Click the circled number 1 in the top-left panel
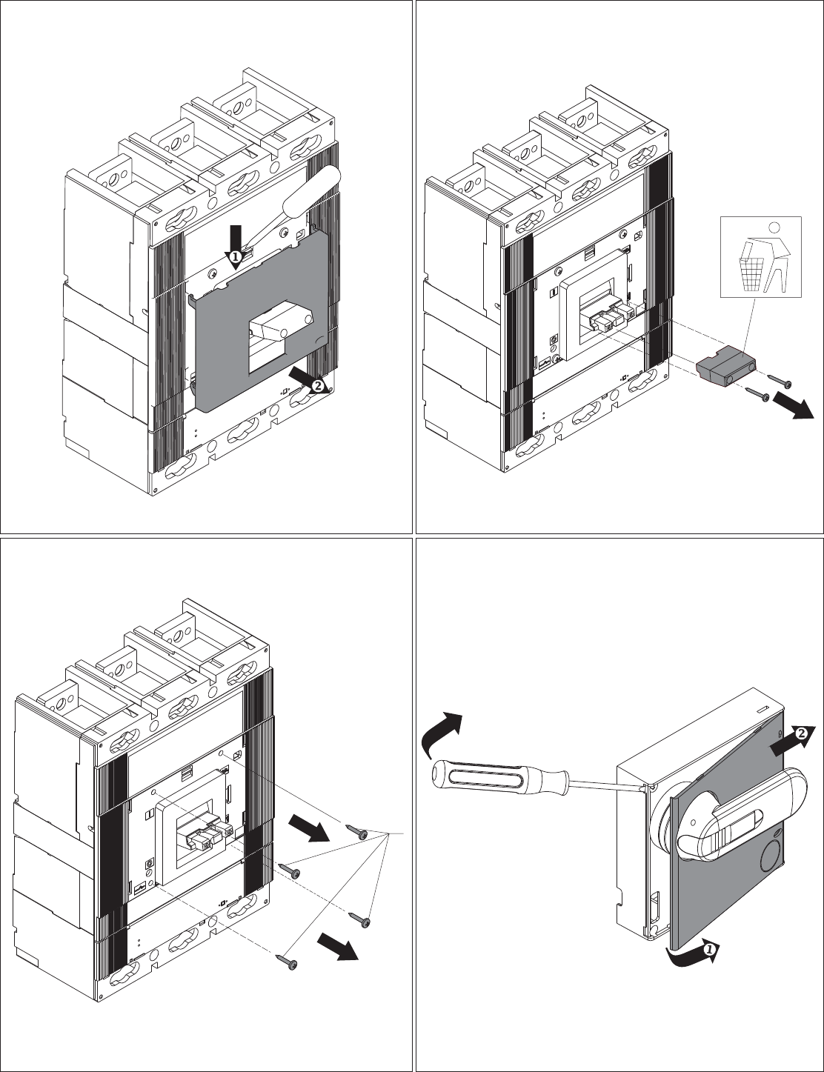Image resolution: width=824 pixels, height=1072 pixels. [x=236, y=256]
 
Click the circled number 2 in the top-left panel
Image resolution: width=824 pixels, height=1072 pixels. [x=318, y=384]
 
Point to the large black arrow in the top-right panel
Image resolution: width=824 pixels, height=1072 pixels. [x=792, y=407]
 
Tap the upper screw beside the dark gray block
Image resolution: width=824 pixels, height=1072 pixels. [x=780, y=380]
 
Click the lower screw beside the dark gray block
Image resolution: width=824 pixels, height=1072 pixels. [x=758, y=394]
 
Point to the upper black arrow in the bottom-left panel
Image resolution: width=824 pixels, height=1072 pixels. [x=309, y=828]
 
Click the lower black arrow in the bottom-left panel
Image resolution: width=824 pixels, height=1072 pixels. [x=337, y=947]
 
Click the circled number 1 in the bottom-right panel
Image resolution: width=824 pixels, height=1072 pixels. [x=708, y=949]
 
